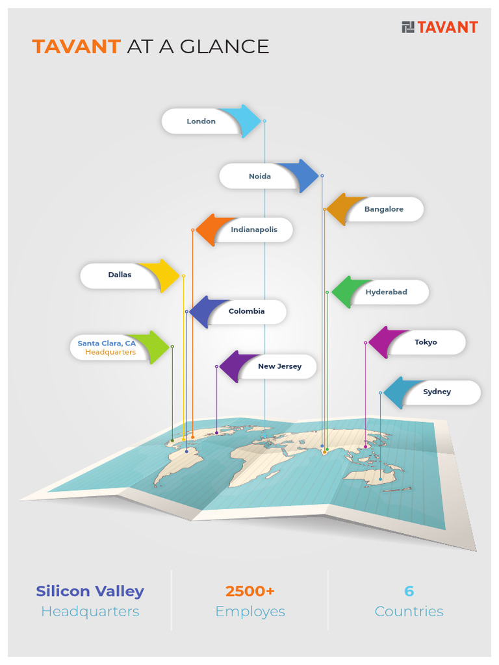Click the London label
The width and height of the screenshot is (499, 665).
pos(201,121)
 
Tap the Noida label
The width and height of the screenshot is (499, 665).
pos(259,176)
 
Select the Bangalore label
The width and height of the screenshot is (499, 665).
pos(383,209)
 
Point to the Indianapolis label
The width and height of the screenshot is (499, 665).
pos(254,229)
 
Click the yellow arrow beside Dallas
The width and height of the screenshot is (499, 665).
pos(163,275)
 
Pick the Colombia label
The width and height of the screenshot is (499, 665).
pos(246,311)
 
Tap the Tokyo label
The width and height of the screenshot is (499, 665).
pos(426,342)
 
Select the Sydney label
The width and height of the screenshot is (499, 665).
pos(437,392)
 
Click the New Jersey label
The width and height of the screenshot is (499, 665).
pos(279,366)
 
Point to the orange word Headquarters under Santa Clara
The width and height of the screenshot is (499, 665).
pos(110,352)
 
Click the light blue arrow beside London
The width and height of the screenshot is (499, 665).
pos(245,121)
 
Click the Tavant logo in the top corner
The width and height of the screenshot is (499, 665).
pos(440,27)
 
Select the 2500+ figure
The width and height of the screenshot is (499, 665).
pos(249,591)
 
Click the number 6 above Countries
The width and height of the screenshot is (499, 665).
pos(409,591)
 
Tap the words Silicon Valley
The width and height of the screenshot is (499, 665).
pos(90,591)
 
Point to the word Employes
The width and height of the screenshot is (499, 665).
pos(249,611)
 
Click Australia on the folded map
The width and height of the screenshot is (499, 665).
pos(368,477)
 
